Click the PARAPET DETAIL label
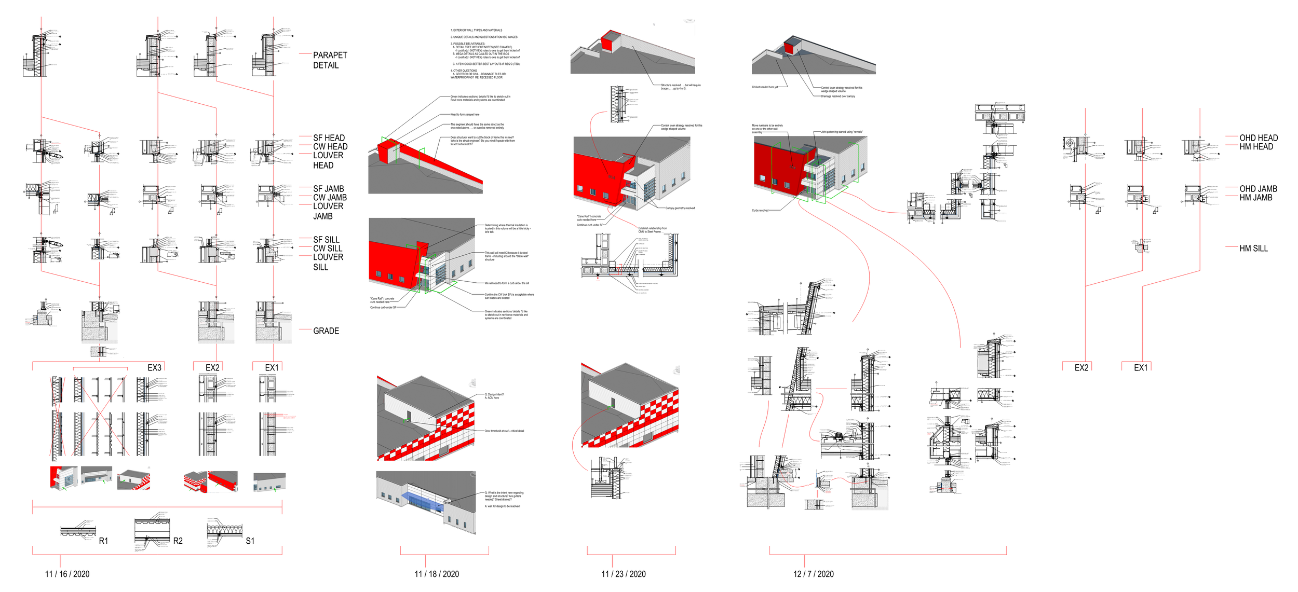(x=330, y=60)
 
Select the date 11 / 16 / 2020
(x=67, y=574)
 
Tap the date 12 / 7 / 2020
(x=813, y=574)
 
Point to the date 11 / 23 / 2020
(x=623, y=574)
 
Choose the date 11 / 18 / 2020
(x=437, y=574)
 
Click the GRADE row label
(x=326, y=331)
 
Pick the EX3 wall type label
(x=154, y=367)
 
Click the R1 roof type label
(x=103, y=541)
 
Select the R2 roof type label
(x=178, y=541)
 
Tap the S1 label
(x=250, y=541)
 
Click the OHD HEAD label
(x=1259, y=137)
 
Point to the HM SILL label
(x=1253, y=249)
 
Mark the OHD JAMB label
(x=1258, y=188)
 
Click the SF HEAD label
(x=329, y=137)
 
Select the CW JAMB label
(x=330, y=197)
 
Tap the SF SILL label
(x=326, y=239)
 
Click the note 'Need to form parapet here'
(x=465, y=115)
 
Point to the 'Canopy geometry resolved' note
(x=680, y=208)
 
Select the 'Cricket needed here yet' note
(x=765, y=87)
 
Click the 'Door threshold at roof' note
(x=504, y=431)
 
